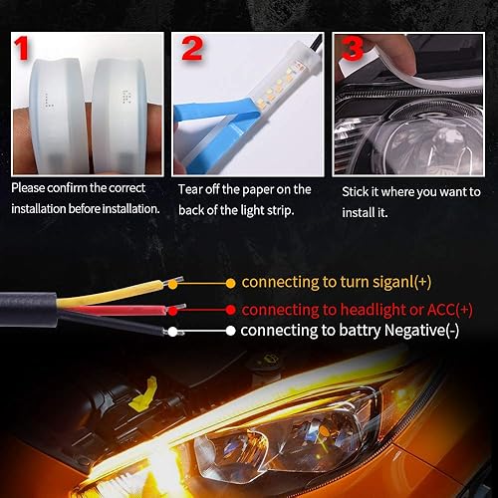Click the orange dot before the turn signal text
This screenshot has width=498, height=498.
pos(231,283)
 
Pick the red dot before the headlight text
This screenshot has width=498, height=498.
pos(231,310)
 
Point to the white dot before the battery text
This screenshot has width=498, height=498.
pos(230,332)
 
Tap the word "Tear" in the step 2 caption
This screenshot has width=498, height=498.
pos(191,188)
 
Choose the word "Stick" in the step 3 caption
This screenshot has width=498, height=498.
pos(357,188)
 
